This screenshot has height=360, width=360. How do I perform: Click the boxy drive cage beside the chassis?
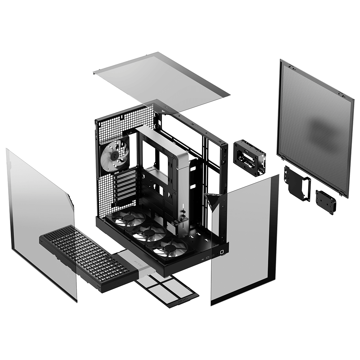(x=249, y=157)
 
